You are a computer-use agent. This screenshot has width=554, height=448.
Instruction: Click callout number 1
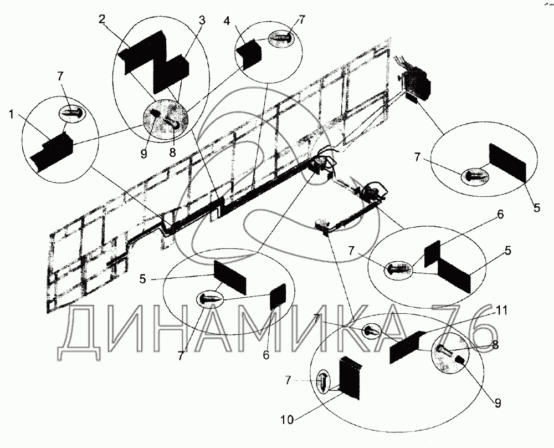click(x=12, y=115)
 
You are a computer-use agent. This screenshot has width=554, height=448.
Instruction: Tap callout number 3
click(x=202, y=21)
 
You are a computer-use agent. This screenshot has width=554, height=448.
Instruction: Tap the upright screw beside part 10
click(x=324, y=383)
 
